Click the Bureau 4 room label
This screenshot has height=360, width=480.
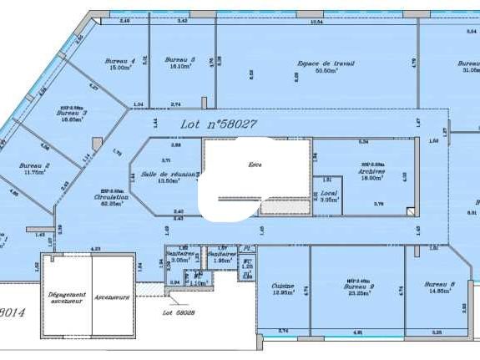coord(120,61)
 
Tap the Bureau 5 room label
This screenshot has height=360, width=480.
coord(179,60)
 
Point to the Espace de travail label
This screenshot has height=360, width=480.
coord(326,63)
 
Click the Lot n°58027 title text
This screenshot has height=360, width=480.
coord(219,124)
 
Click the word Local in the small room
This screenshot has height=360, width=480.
coord(328,193)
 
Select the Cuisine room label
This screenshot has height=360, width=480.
coord(283,286)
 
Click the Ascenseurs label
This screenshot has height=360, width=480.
coord(112,297)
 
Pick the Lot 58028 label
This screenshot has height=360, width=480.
coord(178,313)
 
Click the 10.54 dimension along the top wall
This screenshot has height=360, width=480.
coord(316,21)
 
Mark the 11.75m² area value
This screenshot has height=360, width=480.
coord(35,172)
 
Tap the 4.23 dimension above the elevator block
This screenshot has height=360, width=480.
coord(95,248)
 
